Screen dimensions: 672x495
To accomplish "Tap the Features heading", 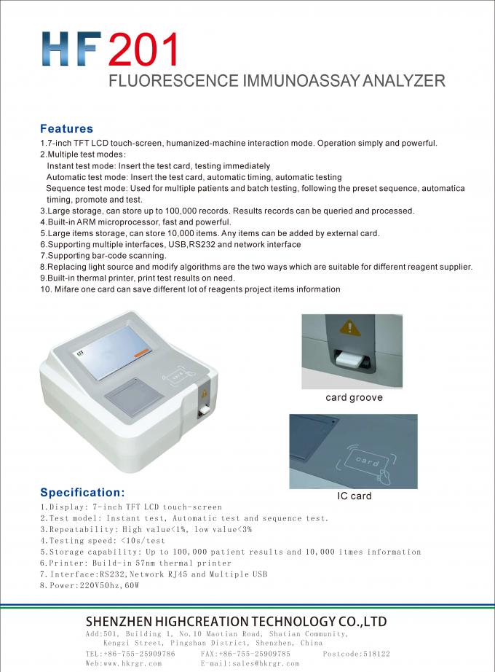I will click(x=66, y=129).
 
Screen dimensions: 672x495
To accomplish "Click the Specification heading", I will click(x=82, y=492).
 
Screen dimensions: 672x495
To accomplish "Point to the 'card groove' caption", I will click(x=353, y=398).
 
